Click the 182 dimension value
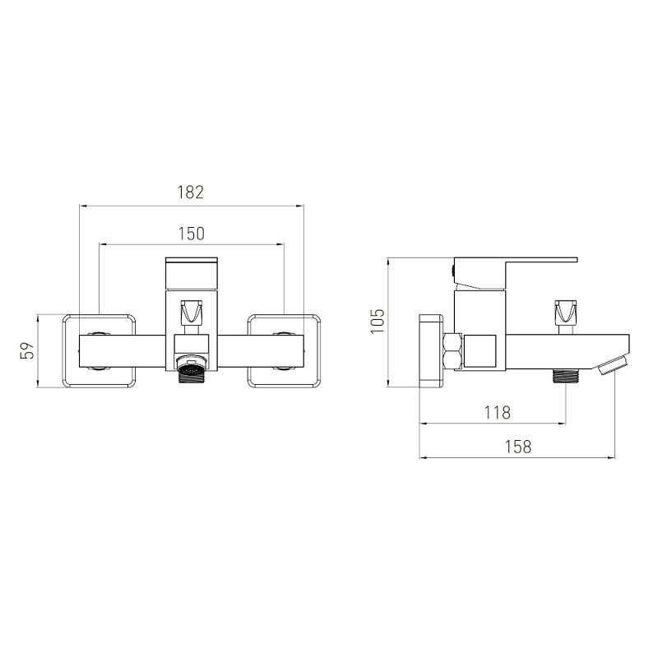coord(191,192)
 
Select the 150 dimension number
coord(192,234)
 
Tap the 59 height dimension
coord(27,350)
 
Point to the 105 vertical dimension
coord(378,321)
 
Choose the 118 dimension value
coord(498,413)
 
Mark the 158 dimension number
coord(518,447)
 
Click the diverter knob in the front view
coord(191,312)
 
